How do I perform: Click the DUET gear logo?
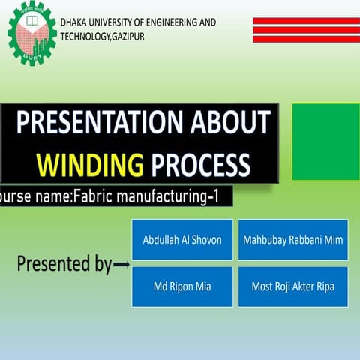[x=31, y=31]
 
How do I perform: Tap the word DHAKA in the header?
[x=74, y=22]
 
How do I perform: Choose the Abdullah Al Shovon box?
[x=182, y=240]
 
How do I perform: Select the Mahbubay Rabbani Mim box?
[x=292, y=240]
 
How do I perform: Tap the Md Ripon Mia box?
[x=182, y=286]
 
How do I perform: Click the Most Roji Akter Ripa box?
[x=292, y=286]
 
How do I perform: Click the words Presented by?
[x=64, y=264]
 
